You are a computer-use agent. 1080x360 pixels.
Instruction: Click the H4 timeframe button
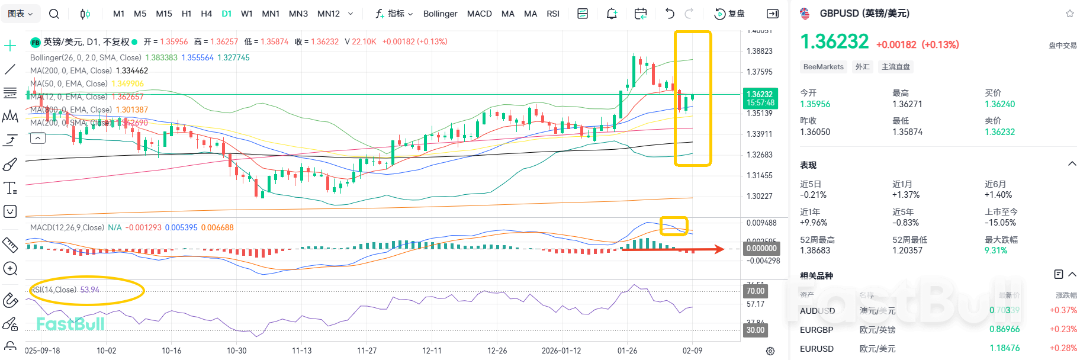206,14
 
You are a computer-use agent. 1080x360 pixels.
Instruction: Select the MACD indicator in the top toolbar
479,14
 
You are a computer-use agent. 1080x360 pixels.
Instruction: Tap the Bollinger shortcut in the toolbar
440,14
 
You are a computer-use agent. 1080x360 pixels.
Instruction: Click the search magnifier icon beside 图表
54,14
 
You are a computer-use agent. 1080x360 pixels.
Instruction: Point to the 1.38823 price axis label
759,51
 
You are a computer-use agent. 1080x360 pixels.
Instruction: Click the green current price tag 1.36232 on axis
760,94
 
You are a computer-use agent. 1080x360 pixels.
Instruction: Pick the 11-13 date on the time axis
301,351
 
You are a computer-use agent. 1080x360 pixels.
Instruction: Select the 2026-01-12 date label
561,351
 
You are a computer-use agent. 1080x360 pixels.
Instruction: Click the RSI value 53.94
90,290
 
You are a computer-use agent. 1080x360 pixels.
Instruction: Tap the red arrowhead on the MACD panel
719,249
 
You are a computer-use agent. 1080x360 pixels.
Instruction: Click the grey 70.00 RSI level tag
755,291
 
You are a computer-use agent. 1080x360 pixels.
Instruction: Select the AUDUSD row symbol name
817,311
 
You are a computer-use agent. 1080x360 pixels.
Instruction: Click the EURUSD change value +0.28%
1063,348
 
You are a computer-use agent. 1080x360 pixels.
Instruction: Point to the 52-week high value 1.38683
815,250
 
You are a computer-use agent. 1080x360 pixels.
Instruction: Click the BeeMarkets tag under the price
823,67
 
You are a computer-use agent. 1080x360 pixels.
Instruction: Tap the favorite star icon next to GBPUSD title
1069,14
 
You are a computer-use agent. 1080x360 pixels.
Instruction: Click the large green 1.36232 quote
834,42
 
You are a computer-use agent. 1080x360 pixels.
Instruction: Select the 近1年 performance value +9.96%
814,223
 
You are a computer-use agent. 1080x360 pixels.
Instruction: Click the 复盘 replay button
729,14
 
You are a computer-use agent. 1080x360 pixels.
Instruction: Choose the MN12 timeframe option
329,14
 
